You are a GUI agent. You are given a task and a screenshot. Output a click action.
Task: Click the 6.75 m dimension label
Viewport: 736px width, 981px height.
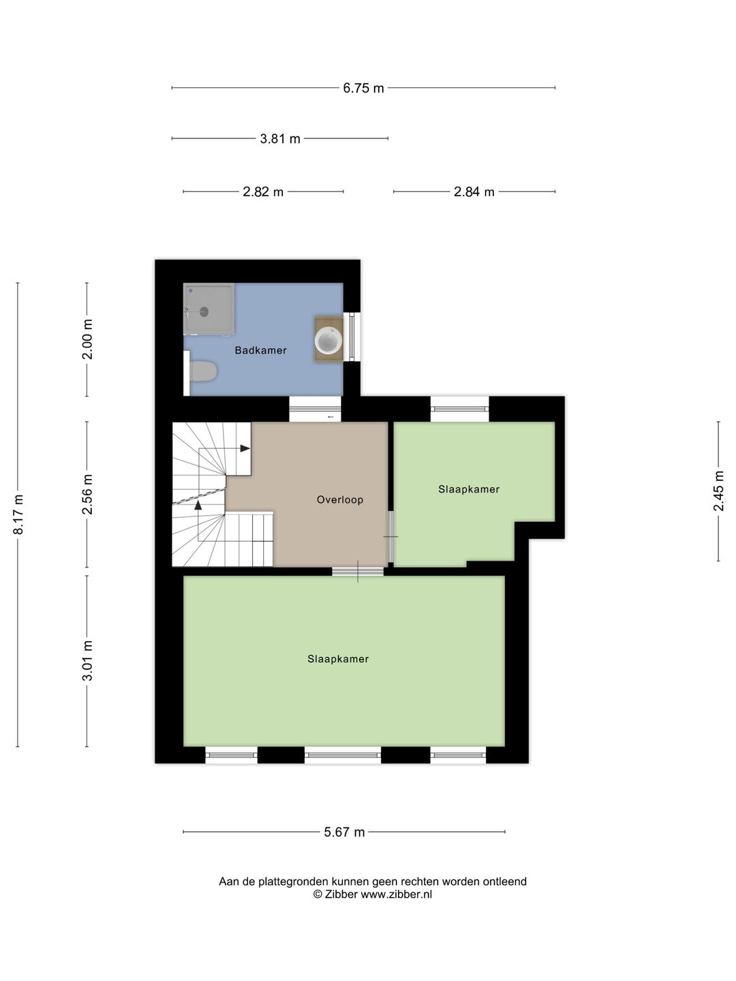[363, 88]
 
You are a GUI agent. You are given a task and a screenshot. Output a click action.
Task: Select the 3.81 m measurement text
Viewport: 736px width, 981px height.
[280, 138]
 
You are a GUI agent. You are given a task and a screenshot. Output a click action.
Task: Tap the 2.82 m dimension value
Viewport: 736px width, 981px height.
[263, 191]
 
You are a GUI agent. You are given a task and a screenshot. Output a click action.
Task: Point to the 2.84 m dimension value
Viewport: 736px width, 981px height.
[474, 191]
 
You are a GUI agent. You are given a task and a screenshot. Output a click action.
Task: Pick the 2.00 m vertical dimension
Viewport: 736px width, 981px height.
[87, 339]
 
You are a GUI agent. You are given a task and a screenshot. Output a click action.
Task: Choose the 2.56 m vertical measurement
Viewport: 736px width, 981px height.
[87, 494]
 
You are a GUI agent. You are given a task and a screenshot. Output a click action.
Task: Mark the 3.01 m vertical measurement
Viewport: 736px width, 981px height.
[87, 660]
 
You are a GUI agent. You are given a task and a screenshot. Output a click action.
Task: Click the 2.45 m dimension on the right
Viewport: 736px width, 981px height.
[718, 490]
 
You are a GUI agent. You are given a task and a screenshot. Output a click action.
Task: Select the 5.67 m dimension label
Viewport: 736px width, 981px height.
[345, 832]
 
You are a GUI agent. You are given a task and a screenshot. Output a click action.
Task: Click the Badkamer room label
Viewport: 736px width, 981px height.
[260, 350]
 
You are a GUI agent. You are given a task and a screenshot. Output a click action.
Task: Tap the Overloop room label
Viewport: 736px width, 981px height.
[340, 499]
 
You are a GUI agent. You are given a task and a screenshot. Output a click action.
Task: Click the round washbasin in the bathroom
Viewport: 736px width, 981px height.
[328, 340]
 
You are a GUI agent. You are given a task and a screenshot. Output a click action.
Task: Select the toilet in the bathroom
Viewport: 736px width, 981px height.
[203, 371]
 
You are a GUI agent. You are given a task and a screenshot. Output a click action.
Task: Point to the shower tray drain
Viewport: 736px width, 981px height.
[204, 312]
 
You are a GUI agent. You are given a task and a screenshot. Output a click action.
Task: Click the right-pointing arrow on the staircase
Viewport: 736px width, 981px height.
[245, 448]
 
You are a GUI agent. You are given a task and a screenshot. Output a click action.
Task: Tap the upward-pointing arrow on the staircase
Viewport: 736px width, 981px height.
[198, 505]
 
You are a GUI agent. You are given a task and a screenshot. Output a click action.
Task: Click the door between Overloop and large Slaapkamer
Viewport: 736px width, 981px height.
[358, 571]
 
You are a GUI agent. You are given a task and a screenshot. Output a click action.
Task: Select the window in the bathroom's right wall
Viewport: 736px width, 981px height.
[352, 337]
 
